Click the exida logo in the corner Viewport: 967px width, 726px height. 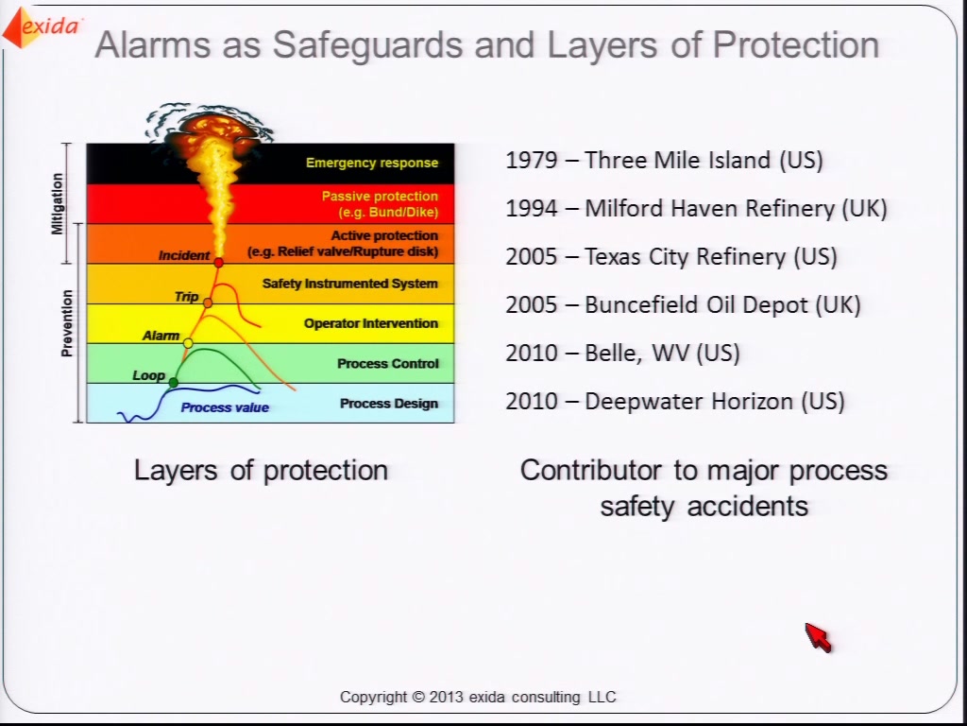(x=42, y=27)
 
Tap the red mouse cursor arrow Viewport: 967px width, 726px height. (x=819, y=637)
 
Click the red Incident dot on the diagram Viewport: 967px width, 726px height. (x=218, y=263)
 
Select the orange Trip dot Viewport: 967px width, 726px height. (x=208, y=302)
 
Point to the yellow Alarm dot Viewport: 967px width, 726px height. (x=188, y=342)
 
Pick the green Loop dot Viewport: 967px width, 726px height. (x=174, y=383)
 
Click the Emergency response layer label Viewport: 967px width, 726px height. (x=372, y=163)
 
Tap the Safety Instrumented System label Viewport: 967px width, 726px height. (x=349, y=284)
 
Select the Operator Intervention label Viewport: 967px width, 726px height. (x=370, y=323)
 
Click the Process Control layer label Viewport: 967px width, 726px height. (x=388, y=364)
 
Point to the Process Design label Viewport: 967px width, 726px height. (x=389, y=404)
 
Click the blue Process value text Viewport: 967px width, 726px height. (x=225, y=407)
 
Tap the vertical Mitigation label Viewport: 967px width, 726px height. (x=58, y=204)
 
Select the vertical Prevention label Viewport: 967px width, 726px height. (x=67, y=323)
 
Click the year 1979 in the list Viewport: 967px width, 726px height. (x=532, y=160)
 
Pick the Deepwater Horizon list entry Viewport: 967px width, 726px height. (x=675, y=401)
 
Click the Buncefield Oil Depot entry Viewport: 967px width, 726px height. (x=684, y=305)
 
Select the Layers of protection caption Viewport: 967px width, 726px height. (x=261, y=471)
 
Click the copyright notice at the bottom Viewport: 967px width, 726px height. (x=478, y=697)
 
